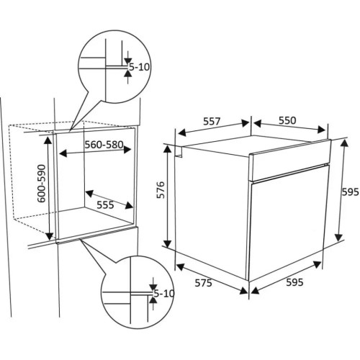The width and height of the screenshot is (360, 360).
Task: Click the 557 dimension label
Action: click(212, 121)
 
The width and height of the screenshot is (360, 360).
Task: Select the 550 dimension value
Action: click(287, 120)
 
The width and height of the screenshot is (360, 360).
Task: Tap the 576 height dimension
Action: click(161, 190)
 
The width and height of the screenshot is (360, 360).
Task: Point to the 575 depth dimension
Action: click(203, 283)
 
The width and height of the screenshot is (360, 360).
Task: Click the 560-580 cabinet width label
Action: click(104, 145)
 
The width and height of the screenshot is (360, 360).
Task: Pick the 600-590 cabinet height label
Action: click(41, 184)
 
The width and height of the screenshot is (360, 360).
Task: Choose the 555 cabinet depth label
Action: click(105, 205)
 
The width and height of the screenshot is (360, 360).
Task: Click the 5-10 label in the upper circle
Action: click(139, 67)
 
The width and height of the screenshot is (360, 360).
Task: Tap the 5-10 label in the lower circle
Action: click(164, 293)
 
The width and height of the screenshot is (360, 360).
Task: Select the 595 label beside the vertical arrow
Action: click(350, 192)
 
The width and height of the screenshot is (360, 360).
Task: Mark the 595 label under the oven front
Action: click(294, 282)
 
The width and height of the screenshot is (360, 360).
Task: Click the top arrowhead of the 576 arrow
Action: click(168, 148)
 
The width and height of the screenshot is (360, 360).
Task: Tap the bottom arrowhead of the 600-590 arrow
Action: click(49, 236)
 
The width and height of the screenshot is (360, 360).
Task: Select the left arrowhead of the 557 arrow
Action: click(181, 132)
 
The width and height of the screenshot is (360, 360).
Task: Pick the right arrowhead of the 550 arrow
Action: click(321, 130)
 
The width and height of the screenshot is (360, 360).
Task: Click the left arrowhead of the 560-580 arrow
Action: click(63, 153)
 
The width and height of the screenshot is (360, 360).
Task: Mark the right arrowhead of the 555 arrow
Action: click(129, 205)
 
